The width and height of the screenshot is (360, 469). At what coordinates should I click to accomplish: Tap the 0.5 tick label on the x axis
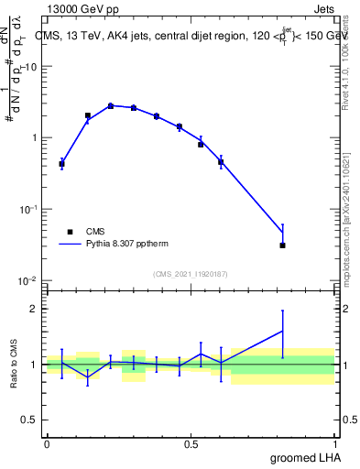[191, 443]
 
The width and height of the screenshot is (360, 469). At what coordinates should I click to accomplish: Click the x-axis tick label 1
[335, 443]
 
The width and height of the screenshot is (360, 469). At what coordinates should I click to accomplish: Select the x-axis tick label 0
[47, 443]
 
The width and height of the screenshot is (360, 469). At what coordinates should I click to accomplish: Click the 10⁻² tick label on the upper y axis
[29, 280]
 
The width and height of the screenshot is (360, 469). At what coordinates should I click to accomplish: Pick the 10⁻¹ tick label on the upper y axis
[29, 209]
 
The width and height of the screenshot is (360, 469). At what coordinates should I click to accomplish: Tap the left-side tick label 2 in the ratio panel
[35, 309]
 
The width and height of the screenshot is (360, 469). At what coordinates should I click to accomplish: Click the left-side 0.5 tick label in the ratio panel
[31, 420]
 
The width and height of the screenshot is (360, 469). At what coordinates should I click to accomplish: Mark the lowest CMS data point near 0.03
[283, 245]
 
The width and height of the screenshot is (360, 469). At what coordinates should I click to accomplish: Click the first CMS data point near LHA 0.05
[61, 164]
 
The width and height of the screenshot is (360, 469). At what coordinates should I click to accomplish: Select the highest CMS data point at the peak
[111, 106]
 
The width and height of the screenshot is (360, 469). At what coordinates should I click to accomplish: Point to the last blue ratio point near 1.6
[283, 331]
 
